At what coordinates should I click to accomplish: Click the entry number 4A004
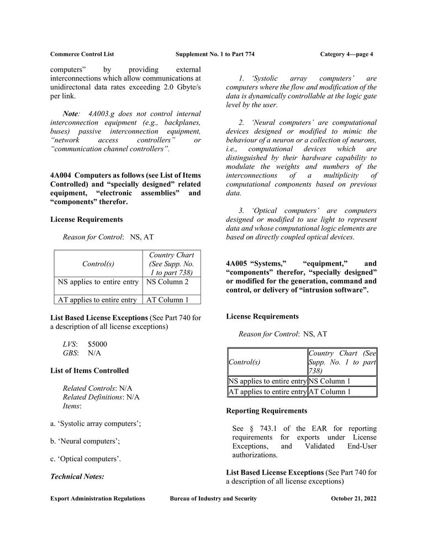coord(61,176)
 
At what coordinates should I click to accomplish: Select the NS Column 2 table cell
coord(167,282)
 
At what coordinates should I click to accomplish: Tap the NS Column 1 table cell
coord(329,381)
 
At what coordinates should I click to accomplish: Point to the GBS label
coord(70,353)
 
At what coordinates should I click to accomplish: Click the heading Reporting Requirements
coord(267,411)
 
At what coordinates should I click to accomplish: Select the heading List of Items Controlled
coord(89,370)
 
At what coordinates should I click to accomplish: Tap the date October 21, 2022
coord(354,498)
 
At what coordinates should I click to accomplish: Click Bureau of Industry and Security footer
coord(213,498)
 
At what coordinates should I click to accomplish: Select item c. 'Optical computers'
coord(86,459)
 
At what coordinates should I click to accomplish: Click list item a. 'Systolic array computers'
coord(96,423)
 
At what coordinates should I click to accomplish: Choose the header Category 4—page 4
coord(346,54)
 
